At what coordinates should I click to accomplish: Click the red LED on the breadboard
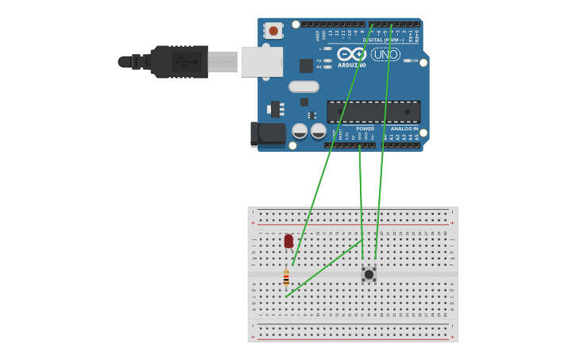288,241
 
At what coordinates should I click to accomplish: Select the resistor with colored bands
286,278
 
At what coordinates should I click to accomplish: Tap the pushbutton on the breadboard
369,274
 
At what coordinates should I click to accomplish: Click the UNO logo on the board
385,55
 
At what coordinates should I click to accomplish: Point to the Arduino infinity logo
350,55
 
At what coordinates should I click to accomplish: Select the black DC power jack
268,134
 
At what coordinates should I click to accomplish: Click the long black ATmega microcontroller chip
373,111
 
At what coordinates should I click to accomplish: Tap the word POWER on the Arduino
365,129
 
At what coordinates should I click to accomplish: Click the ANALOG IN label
404,129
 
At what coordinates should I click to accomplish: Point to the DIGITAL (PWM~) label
383,40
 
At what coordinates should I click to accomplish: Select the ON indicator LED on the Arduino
407,60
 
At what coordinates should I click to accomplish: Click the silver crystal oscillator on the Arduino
303,87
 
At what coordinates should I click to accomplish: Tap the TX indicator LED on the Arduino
327,60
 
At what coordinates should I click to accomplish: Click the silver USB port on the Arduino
261,61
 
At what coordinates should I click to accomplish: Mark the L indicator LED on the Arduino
327,48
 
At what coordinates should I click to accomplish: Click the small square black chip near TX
306,65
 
